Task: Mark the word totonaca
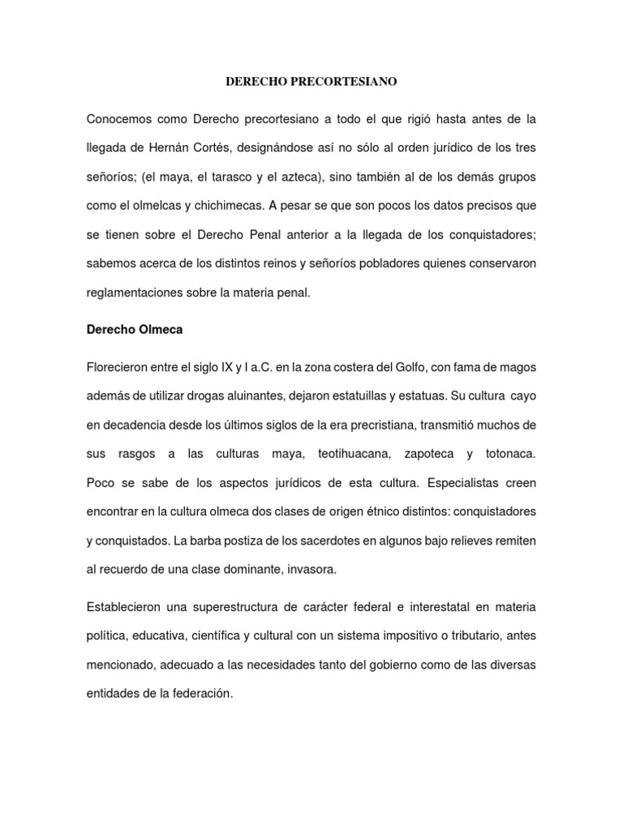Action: [510, 454]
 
